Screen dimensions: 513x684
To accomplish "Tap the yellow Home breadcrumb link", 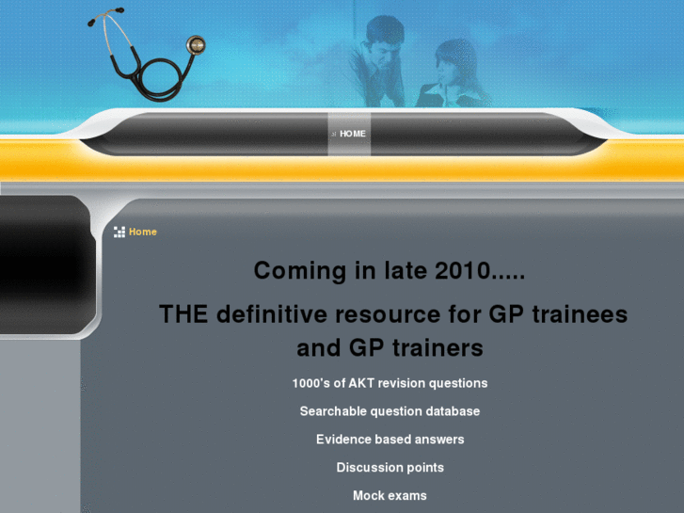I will [143, 232].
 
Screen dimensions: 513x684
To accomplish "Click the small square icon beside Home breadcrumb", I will [119, 232].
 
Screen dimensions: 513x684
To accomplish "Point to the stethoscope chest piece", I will [196, 44].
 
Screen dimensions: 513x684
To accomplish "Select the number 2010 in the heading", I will [462, 271].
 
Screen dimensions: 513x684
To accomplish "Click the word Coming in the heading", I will [299, 271].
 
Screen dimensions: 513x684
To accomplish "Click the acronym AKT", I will [361, 383].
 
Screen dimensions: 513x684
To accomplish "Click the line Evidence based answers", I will [390, 440].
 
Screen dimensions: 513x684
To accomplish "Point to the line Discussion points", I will [390, 468].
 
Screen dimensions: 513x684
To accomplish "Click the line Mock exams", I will [390, 496].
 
